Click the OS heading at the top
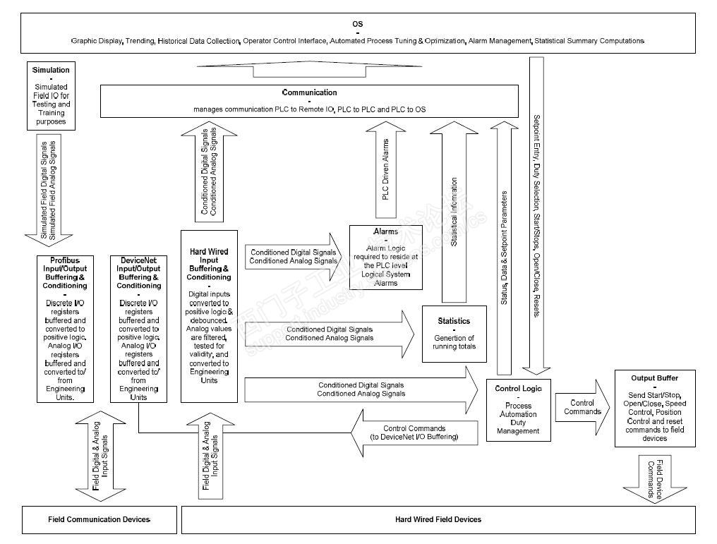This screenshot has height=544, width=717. pyautogui.click(x=358, y=24)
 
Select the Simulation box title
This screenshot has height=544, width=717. pyautogui.click(x=51, y=70)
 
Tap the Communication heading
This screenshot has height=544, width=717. pyautogui.click(x=309, y=92)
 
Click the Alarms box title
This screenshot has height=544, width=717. pyautogui.click(x=385, y=231)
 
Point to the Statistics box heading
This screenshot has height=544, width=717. pyautogui.click(x=454, y=321)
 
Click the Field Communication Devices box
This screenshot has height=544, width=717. pyautogui.click(x=99, y=519)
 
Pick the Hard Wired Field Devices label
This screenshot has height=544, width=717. pyautogui.click(x=438, y=519)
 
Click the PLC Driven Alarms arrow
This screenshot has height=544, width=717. pyautogui.click(x=385, y=173)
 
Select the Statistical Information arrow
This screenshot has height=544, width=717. pyautogui.click(x=454, y=212)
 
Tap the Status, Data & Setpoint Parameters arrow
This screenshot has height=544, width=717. pyautogui.click(x=503, y=247)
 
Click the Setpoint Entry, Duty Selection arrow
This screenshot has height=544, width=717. pyautogui.click(x=536, y=212)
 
